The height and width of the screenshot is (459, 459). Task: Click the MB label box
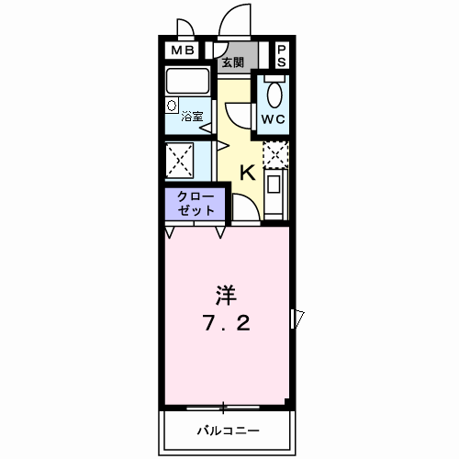click(179, 50)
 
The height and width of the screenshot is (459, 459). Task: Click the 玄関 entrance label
click(232, 62)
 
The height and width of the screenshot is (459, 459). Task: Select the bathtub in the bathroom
click(189, 82)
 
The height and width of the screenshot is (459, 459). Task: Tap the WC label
click(273, 120)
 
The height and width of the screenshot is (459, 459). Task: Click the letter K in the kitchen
click(248, 172)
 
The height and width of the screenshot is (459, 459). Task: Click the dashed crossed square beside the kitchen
click(275, 154)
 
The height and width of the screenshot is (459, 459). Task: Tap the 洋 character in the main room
click(226, 296)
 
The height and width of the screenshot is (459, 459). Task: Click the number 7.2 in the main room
click(226, 324)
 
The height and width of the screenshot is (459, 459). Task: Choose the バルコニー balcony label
click(227, 430)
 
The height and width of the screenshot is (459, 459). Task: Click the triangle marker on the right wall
click(297, 318)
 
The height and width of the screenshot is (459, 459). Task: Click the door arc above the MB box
click(183, 30)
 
